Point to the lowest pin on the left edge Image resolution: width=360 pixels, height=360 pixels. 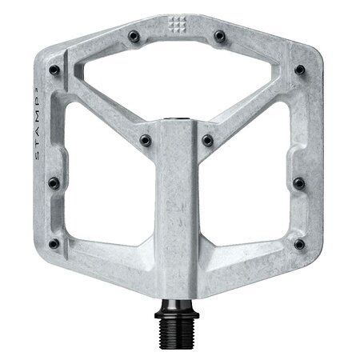pyautogui.click(x=53, y=242)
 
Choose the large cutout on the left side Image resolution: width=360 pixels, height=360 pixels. pyautogui.click(x=104, y=192)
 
